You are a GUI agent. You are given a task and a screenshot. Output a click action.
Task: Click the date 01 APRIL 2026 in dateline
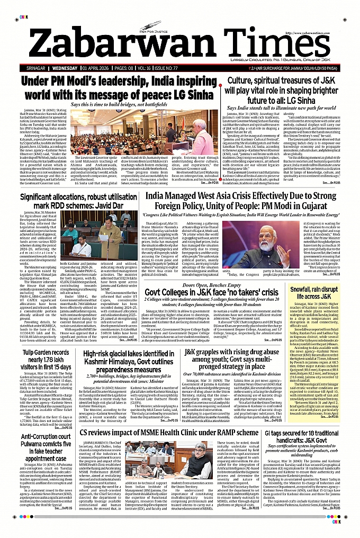click(x=100, y=68)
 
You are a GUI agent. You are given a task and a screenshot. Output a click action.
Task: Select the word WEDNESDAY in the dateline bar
click(x=65, y=68)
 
